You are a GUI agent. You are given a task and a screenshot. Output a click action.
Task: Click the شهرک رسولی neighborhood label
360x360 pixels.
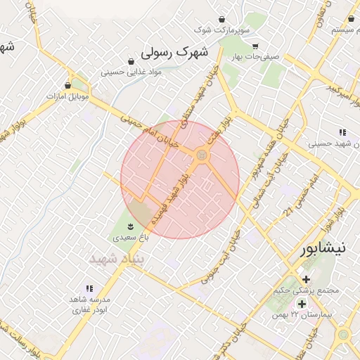pyautogui.click(x=175, y=51)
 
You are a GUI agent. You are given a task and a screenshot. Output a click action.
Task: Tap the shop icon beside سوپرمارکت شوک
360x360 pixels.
pyautogui.click(x=222, y=18)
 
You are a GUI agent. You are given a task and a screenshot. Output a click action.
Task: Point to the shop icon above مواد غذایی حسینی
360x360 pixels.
pyautogui.click(x=131, y=60)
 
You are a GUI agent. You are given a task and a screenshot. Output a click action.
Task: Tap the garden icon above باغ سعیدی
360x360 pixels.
pyautogui.click(x=130, y=226)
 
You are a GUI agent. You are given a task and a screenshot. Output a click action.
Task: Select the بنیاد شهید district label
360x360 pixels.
pyautogui.click(x=117, y=259)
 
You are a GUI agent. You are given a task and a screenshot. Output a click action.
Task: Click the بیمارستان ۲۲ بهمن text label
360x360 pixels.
pyautogui.click(x=305, y=315)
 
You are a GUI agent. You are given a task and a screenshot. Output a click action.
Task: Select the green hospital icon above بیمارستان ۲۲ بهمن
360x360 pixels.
pyautogui.click(x=302, y=304)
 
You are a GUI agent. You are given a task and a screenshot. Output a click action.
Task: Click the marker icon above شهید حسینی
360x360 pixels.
pyautogui.click(x=342, y=132)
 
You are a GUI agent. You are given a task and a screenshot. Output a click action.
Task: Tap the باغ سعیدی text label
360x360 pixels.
pyautogui.click(x=130, y=238)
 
